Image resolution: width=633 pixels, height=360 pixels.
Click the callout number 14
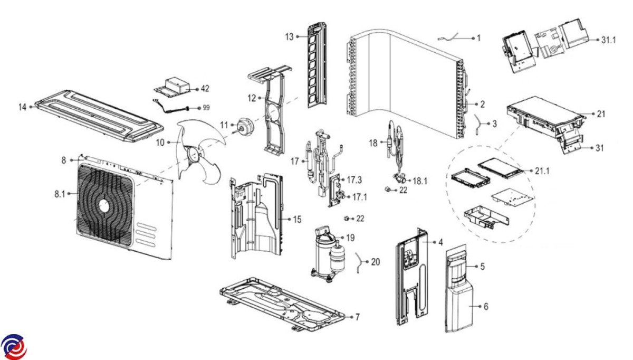(x=22, y=107)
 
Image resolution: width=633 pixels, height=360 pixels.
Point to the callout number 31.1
(x=608, y=40)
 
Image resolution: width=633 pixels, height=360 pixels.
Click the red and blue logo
(x=13, y=347)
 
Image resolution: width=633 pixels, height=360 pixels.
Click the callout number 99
(x=206, y=108)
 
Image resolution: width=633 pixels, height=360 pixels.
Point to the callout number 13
(x=289, y=36)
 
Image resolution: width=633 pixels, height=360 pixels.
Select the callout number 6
(x=485, y=305)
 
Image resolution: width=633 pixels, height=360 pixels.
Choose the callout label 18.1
(x=420, y=181)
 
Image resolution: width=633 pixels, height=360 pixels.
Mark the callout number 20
(x=375, y=261)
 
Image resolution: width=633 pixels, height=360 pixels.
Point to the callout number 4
(x=440, y=242)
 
